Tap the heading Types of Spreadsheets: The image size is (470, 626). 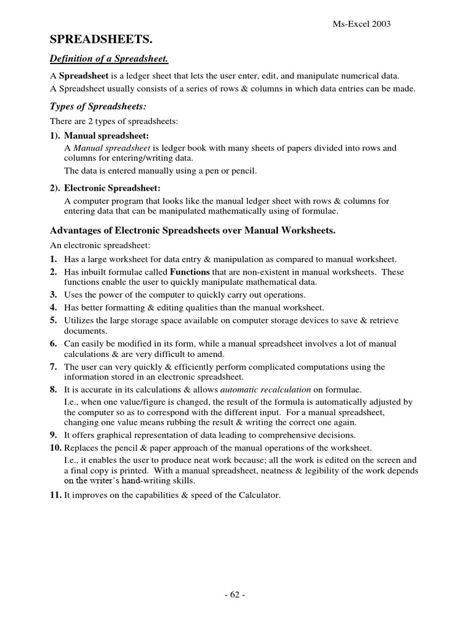97,106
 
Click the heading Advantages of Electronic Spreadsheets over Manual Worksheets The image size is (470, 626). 193,230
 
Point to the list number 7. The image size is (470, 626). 53,367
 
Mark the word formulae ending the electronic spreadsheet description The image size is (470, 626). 321,212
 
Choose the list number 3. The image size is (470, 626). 53,294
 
